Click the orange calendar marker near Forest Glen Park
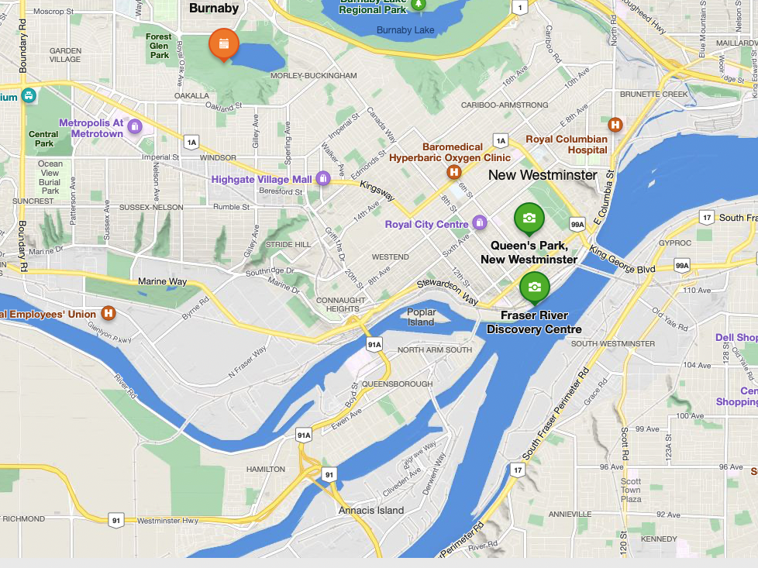pyautogui.click(x=223, y=44)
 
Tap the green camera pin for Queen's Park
pyautogui.click(x=529, y=218)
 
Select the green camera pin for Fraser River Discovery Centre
pyautogui.click(x=535, y=287)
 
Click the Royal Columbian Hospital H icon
pyautogui.click(x=615, y=125)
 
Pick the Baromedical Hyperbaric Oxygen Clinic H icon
pyautogui.click(x=454, y=172)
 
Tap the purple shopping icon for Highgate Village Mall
pyautogui.click(x=323, y=179)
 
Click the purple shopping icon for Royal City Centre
pyautogui.click(x=480, y=224)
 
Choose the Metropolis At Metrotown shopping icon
pyautogui.click(x=135, y=126)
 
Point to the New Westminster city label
pyautogui.click(x=543, y=175)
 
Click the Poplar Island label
pyautogui.click(x=422, y=317)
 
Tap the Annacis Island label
pyautogui.click(x=371, y=511)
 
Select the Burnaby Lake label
pyautogui.click(x=405, y=30)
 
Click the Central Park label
pyautogui.click(x=44, y=139)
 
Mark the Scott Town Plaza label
pyautogui.click(x=631, y=491)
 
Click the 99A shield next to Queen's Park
pyautogui.click(x=577, y=224)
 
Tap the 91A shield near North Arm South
pyautogui.click(x=374, y=344)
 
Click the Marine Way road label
pyautogui.click(x=163, y=281)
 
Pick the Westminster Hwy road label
pyautogui.click(x=167, y=521)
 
